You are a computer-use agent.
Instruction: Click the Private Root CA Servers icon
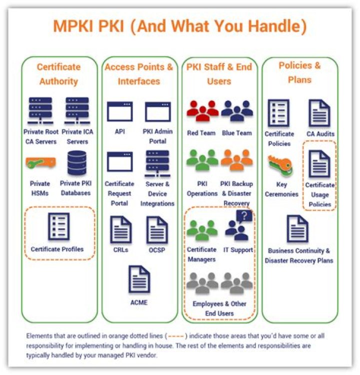41,111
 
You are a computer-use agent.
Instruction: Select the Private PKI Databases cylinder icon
77,163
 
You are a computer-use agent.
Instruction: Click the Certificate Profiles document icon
58,226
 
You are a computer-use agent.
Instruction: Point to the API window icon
119,111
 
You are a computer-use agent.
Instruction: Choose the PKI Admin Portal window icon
157,111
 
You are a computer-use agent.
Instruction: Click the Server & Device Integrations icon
157,163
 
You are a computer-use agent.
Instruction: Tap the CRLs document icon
120,229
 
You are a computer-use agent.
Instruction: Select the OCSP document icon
157,229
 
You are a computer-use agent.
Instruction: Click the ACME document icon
139,278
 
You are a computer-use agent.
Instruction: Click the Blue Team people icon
237,111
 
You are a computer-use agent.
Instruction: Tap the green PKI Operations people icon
202,160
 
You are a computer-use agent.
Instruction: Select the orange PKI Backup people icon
237,160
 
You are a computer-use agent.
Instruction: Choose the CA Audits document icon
319,113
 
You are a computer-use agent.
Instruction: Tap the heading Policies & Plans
299,72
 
